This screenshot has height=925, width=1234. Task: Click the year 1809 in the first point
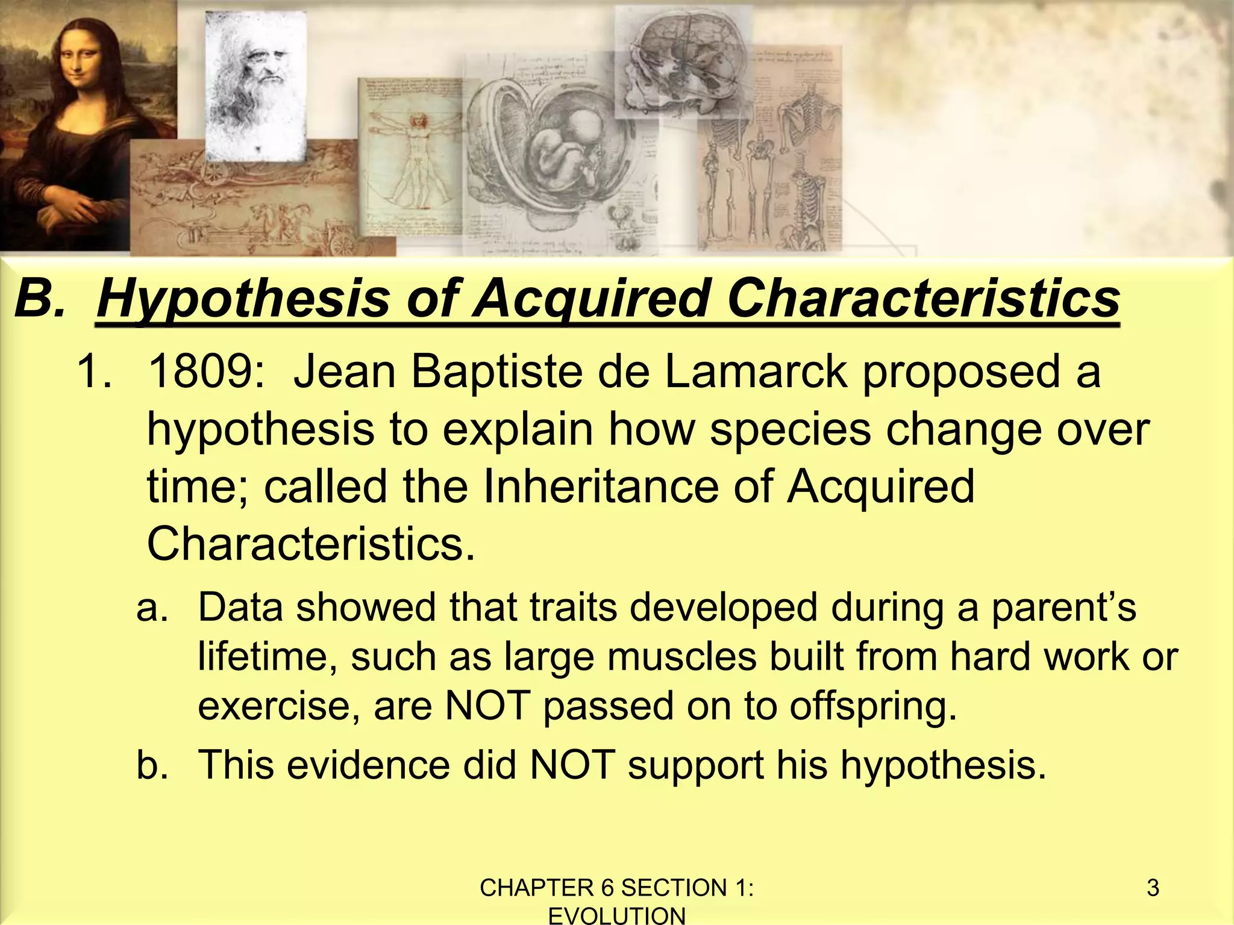coord(205,372)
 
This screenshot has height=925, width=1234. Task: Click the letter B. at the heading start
coord(40,299)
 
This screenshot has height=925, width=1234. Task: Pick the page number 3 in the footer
coord(1153,888)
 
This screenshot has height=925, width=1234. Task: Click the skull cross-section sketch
coord(681,60)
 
